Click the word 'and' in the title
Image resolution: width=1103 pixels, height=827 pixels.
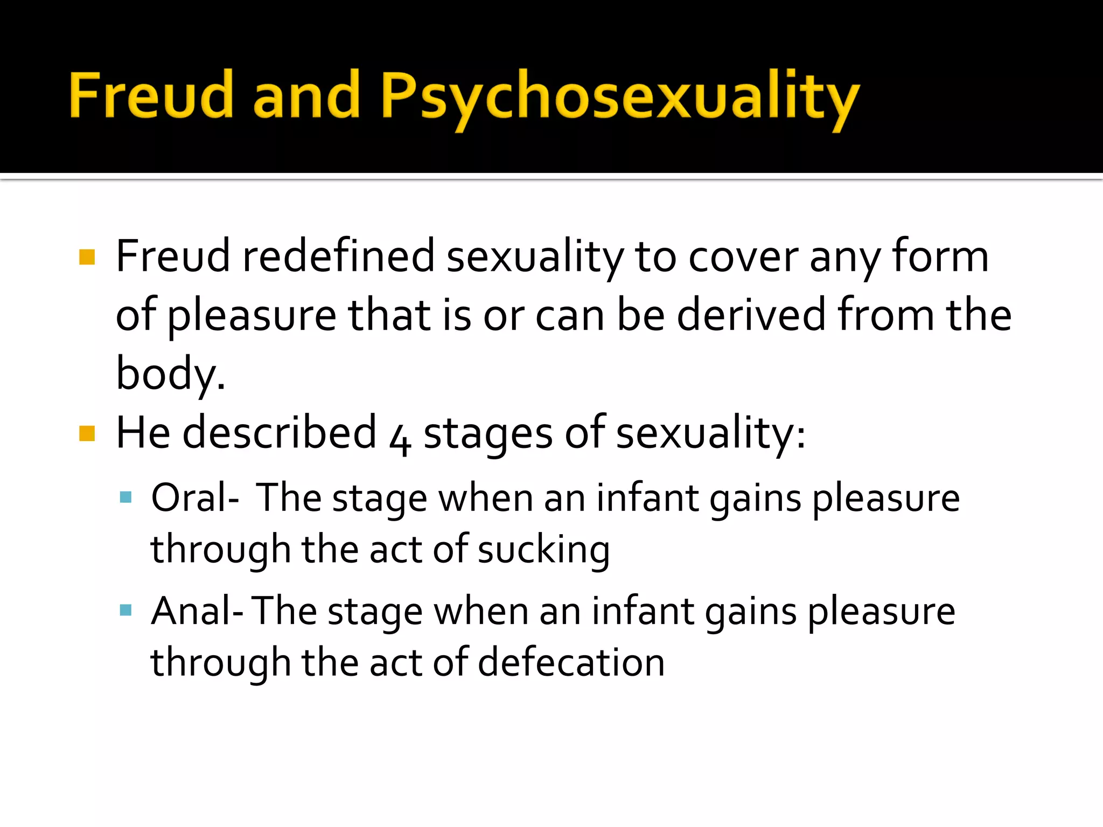click(x=306, y=95)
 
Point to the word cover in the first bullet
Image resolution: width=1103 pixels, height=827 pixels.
click(x=743, y=257)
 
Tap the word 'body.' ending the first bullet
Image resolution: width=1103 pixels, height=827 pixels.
click(x=170, y=374)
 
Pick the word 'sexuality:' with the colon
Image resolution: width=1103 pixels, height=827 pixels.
click(x=711, y=434)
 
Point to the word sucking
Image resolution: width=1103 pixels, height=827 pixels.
click(x=543, y=550)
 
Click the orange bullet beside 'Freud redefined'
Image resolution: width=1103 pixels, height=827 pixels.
click(x=87, y=257)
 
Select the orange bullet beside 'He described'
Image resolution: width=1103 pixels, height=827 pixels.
click(x=87, y=433)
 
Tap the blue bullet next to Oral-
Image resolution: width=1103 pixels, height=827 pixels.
click(x=126, y=496)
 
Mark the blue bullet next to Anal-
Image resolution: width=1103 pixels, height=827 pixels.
click(x=126, y=609)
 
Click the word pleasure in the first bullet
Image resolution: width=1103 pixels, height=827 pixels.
click(x=252, y=316)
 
